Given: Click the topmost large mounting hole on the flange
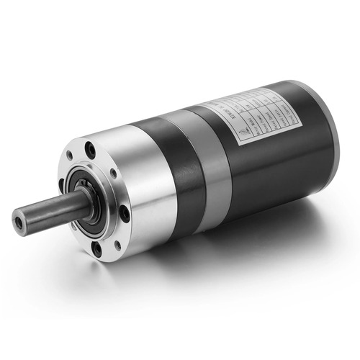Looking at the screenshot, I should pos(90,150).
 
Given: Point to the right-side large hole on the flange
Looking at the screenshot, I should pos(123,213).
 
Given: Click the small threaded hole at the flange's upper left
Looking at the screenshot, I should pos(70,155).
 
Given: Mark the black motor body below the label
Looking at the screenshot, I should pos(281,173).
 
